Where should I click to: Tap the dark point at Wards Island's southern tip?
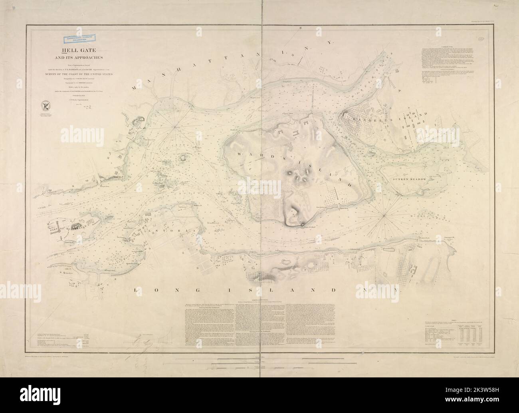(x=305, y=225)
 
